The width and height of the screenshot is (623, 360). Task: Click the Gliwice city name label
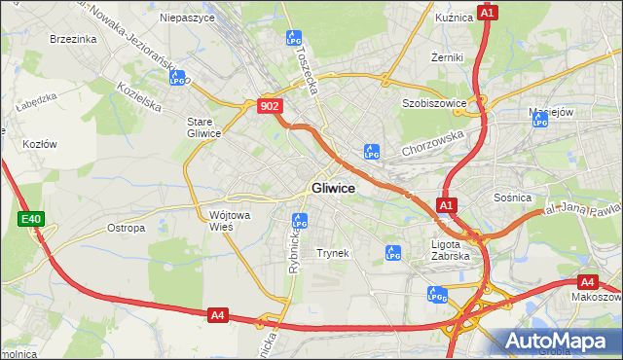tap(333, 188)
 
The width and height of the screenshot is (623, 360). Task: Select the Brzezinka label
tap(72, 39)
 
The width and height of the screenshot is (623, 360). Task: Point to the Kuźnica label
tap(454, 17)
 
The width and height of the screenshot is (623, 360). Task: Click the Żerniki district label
tap(447, 57)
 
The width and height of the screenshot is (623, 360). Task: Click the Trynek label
tap(332, 253)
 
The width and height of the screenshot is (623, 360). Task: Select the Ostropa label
tap(126, 228)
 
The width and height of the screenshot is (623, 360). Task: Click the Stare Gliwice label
tap(204, 126)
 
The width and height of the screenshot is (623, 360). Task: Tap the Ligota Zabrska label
tap(451, 250)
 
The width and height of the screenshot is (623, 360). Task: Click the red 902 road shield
tap(272, 106)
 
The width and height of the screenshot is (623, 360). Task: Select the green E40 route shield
tap(30, 220)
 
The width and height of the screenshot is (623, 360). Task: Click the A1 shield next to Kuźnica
tap(488, 13)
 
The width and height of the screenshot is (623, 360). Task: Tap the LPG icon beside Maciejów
tap(541, 120)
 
